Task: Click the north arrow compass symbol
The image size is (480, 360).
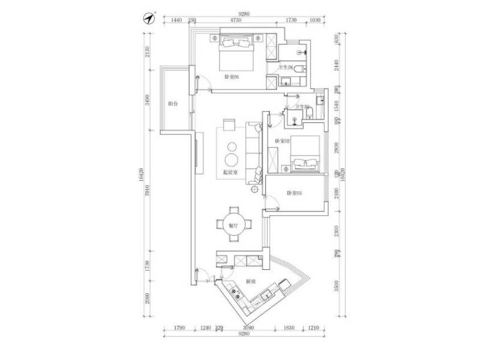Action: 150,17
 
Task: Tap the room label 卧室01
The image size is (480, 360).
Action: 232,77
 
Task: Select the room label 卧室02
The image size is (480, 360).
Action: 282,140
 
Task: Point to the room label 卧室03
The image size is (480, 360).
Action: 293,193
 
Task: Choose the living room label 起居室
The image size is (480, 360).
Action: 230,172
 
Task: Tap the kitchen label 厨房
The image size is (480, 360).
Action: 251,281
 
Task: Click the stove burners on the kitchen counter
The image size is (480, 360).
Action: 236,295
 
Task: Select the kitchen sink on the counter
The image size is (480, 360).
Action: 266,296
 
